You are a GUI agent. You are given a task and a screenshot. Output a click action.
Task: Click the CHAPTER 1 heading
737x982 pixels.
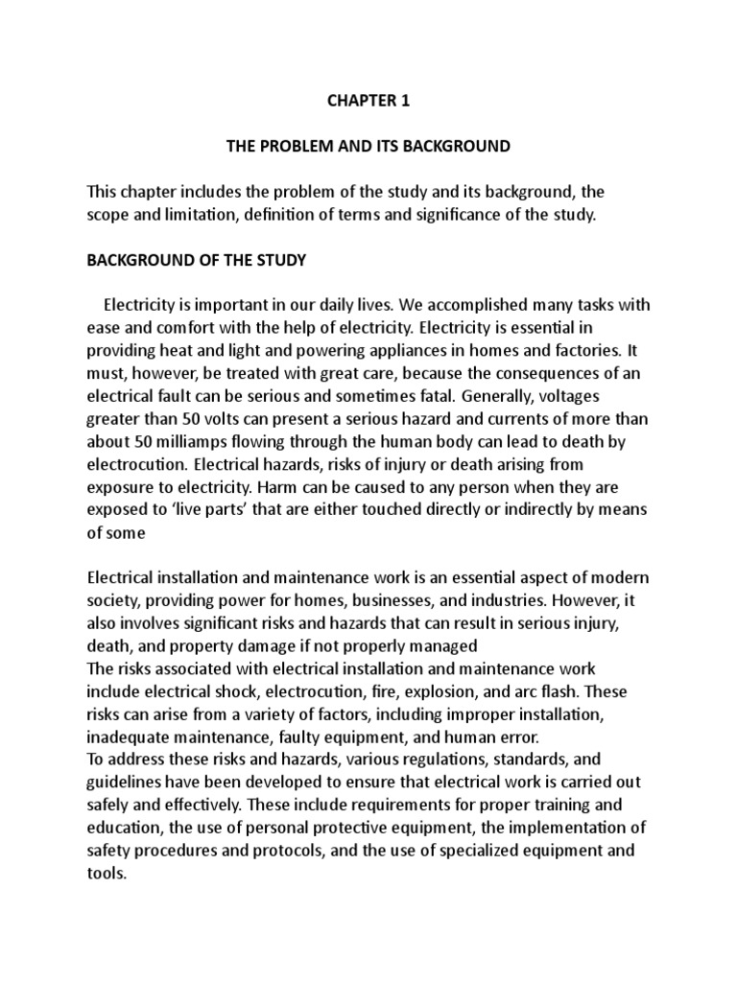368,102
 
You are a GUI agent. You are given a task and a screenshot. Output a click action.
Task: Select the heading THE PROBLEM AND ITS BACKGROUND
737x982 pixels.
368,147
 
